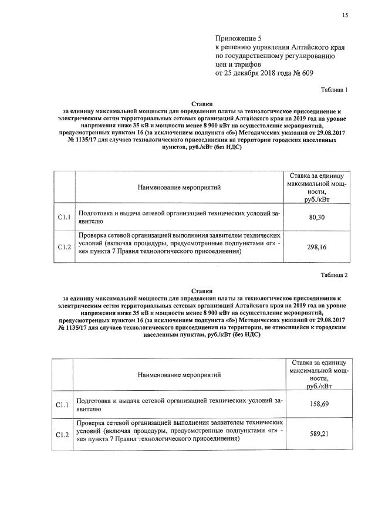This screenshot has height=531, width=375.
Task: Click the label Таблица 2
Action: (334, 275)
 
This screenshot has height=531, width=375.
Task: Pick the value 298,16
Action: (317, 247)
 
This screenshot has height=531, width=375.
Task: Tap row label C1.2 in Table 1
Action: (64, 247)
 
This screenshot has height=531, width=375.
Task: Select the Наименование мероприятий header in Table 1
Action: (179, 187)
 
